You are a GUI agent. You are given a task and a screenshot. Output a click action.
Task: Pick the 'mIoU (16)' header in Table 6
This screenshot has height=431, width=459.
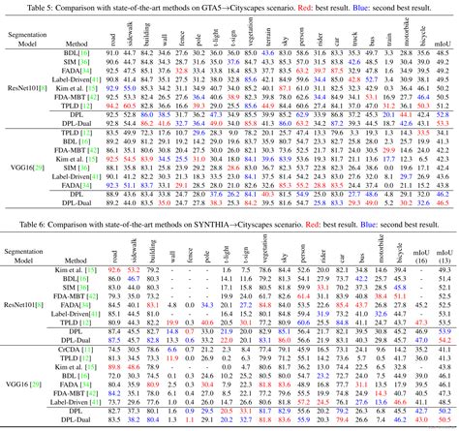pyautogui.click(x=415, y=256)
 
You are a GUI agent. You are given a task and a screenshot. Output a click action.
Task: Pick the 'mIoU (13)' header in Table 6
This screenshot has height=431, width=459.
pyautogui.click(x=443, y=256)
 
